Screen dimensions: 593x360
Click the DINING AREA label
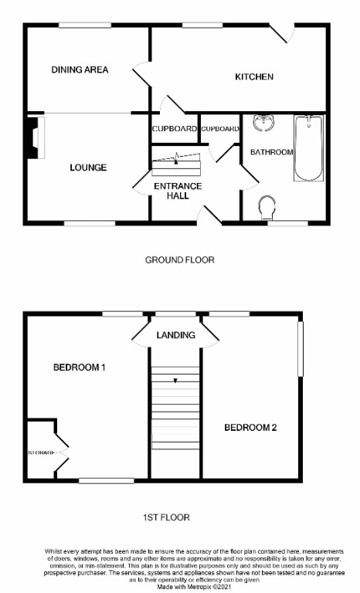click(80, 69)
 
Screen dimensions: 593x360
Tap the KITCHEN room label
click(254, 76)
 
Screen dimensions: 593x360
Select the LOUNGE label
click(88, 168)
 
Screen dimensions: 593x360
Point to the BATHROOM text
click(270, 152)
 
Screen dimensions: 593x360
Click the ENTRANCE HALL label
click(178, 191)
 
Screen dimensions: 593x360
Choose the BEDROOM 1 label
click(79, 367)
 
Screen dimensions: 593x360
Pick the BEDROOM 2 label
click(250, 427)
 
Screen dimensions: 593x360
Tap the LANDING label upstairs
click(175, 335)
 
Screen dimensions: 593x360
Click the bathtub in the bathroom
click(308, 148)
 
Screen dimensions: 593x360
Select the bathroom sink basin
click(263, 123)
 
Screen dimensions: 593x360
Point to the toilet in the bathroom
click(267, 208)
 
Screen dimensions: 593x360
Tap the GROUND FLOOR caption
click(179, 260)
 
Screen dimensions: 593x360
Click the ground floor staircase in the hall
click(175, 165)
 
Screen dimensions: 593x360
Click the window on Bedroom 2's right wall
click(301, 348)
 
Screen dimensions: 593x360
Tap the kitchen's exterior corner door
click(284, 33)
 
